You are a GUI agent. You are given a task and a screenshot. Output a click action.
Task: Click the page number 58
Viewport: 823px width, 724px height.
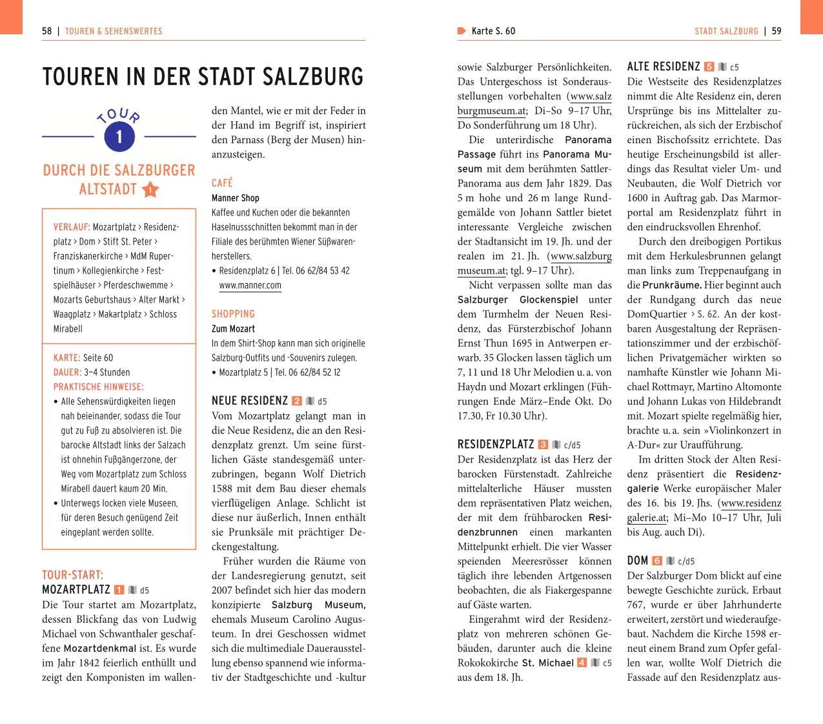click(x=47, y=31)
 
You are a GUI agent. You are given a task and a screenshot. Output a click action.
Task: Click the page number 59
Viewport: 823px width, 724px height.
click(x=776, y=31)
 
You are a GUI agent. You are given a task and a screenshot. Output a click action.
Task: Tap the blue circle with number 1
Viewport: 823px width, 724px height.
click(x=119, y=136)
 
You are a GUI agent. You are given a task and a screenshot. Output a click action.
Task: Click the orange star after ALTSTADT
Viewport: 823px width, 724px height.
click(x=150, y=190)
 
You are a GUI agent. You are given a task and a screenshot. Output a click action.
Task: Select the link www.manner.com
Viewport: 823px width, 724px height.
click(x=250, y=285)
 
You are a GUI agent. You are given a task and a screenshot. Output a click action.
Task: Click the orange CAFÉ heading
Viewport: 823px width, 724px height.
click(x=222, y=183)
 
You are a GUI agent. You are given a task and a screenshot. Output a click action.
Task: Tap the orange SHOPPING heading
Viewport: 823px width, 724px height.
click(x=233, y=314)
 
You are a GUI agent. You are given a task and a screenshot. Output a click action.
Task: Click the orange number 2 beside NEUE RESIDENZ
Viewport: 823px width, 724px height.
click(x=297, y=401)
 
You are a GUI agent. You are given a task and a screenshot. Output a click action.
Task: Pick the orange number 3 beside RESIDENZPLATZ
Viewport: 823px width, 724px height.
click(x=543, y=445)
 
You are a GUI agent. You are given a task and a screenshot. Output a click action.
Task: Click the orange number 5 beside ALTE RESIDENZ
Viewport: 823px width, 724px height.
click(x=709, y=66)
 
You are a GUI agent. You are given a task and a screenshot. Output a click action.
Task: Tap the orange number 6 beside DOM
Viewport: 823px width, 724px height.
click(x=657, y=561)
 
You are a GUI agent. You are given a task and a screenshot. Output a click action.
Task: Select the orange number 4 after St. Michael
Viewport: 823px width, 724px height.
click(x=582, y=663)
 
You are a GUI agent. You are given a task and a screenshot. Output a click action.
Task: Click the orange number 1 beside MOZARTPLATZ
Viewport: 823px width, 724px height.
click(x=119, y=590)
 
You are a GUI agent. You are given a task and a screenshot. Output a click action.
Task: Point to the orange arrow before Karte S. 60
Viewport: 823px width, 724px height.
click(x=462, y=31)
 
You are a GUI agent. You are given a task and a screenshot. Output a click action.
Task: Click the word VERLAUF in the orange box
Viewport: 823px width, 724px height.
click(x=71, y=227)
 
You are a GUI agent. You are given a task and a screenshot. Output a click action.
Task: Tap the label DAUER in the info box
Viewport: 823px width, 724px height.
click(x=67, y=372)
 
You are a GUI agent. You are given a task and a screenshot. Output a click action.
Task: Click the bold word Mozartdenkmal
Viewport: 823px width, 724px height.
click(x=100, y=648)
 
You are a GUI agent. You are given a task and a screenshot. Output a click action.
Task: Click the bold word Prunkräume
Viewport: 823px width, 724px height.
click(x=671, y=285)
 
